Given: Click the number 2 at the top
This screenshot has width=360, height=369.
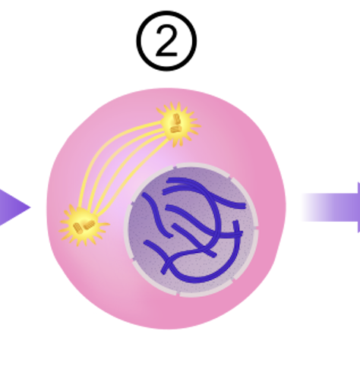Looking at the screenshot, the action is click(166, 41).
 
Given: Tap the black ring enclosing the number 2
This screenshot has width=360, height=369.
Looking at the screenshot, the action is click(137, 41).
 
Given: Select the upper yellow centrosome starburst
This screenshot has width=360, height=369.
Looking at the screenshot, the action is click(178, 125).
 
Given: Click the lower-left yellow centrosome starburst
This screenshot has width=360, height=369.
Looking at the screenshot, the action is click(84, 225).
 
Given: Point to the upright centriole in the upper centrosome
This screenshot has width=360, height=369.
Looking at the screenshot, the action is click(176, 118).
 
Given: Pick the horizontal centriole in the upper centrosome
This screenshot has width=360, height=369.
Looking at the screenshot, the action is click(176, 129).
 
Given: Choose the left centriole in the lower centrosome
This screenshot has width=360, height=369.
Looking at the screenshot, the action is click(78, 228).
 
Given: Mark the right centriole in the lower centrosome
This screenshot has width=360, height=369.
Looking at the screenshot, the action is click(90, 225).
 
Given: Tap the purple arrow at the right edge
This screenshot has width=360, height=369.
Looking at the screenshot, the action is click(330, 207).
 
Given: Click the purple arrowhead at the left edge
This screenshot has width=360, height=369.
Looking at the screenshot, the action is click(14, 207).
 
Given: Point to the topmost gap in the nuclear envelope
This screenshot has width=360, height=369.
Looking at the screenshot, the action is click(175, 166).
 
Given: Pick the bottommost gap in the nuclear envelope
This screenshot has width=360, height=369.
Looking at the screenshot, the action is click(178, 294).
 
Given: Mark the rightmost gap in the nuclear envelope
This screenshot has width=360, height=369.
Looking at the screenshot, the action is click(257, 228).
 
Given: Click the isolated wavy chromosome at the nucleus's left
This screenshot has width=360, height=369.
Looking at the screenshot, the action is click(157, 215).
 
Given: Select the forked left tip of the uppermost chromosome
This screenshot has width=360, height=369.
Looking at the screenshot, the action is click(166, 186).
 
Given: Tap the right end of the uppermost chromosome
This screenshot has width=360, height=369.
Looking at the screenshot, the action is click(243, 206).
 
